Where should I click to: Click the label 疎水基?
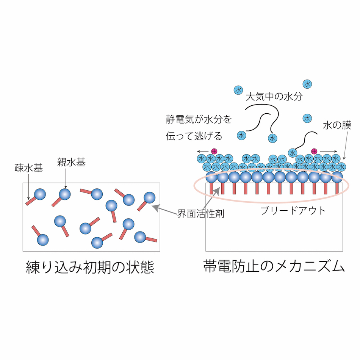(x=29, y=168)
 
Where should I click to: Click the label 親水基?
(x=71, y=162)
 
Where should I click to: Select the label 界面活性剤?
(x=201, y=214)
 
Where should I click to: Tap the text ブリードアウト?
(x=293, y=211)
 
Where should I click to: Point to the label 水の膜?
(x=337, y=125)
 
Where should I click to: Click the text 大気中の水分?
(x=274, y=97)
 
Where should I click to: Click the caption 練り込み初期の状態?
(x=90, y=267)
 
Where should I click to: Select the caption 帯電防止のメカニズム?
(x=274, y=266)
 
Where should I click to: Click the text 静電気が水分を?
(x=199, y=119)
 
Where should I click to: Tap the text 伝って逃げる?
(x=194, y=136)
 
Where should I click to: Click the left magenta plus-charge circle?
(x=214, y=151)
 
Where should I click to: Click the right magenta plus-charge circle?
(x=314, y=151)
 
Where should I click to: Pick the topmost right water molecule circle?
(x=307, y=84)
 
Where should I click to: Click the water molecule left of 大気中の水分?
(x=238, y=90)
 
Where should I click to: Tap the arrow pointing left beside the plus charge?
(x=203, y=151)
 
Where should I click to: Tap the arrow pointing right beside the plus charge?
(x=328, y=151)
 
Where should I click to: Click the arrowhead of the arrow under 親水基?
(x=66, y=187)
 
